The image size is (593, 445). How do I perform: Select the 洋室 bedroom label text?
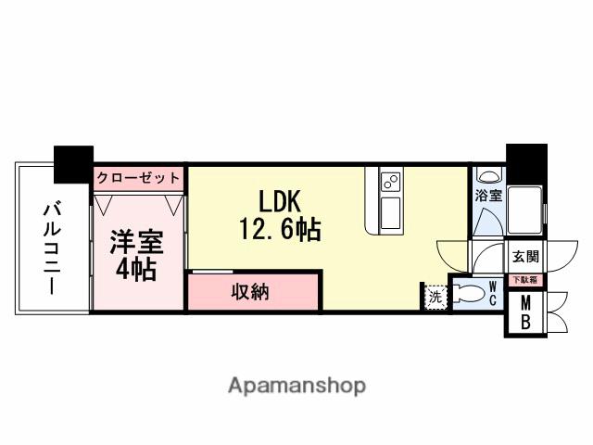pyautogui.click(x=136, y=244)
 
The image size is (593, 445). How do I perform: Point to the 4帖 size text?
pyautogui.click(x=136, y=270)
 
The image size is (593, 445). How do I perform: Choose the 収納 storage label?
pyautogui.click(x=249, y=293)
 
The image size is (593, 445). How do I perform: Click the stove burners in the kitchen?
pyautogui.click(x=389, y=180)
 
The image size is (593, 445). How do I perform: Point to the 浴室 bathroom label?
pyautogui.click(x=488, y=196)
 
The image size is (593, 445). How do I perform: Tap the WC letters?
pyautogui.click(x=494, y=295)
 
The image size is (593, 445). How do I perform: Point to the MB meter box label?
pyautogui.click(x=524, y=313)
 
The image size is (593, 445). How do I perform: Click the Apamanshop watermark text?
pyautogui.click(x=296, y=385)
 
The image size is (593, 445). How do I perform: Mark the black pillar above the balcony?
pyautogui.click(x=73, y=163)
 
